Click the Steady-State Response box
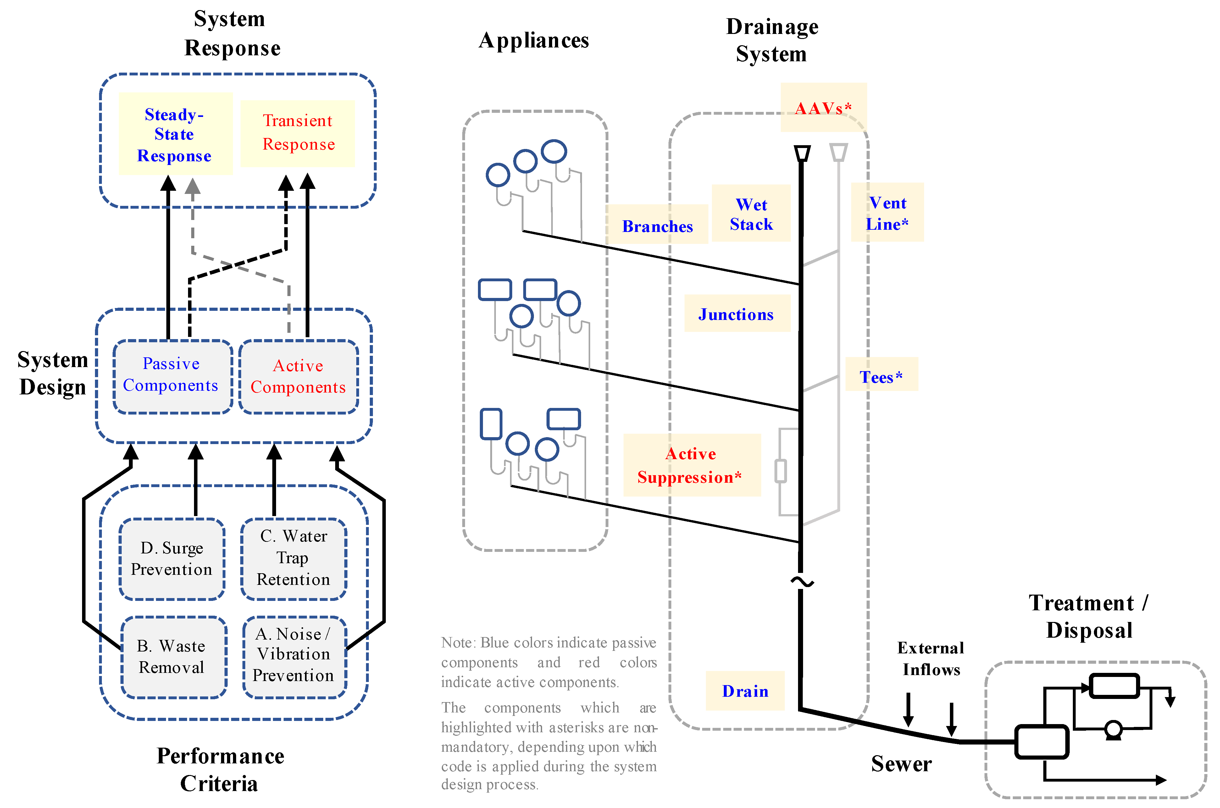[x=175, y=134]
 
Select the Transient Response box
[x=298, y=133]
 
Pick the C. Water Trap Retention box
[x=293, y=558]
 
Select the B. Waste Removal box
[x=172, y=657]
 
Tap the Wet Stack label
[x=751, y=214]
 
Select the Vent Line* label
[x=887, y=213]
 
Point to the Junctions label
[x=736, y=314]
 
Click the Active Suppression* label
[x=691, y=465]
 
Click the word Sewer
[x=901, y=764]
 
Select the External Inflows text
[x=930, y=658]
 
